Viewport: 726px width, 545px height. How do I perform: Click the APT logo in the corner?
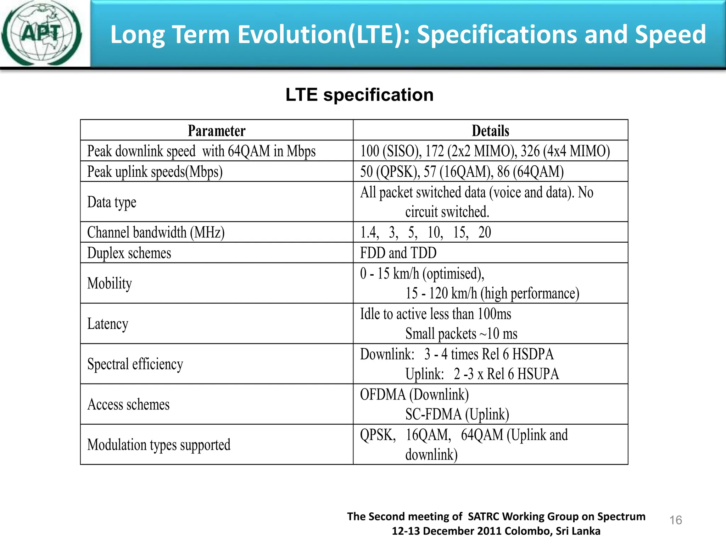tap(42, 33)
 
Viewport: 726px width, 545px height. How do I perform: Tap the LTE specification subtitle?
tap(359, 95)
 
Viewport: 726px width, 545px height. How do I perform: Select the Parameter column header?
tap(216, 131)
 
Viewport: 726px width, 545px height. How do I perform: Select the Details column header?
tap(490, 131)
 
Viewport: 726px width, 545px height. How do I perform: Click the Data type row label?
tap(112, 202)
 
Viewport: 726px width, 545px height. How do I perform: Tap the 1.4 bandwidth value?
tap(369, 233)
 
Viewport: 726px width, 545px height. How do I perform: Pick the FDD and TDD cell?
tap(398, 253)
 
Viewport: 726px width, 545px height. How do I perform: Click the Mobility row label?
tap(110, 283)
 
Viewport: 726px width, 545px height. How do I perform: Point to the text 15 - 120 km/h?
tap(441, 293)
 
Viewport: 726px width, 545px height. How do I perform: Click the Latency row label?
tap(108, 324)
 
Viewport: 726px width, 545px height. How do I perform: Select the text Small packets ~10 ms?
tap(461, 334)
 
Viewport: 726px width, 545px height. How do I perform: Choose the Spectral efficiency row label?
tap(135, 364)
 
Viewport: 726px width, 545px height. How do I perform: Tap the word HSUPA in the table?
tap(538, 374)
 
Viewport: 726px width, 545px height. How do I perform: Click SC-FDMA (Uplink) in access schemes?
tap(457, 414)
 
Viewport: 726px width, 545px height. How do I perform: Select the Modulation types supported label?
tap(159, 445)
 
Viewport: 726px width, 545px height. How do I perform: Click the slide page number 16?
tap(675, 520)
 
